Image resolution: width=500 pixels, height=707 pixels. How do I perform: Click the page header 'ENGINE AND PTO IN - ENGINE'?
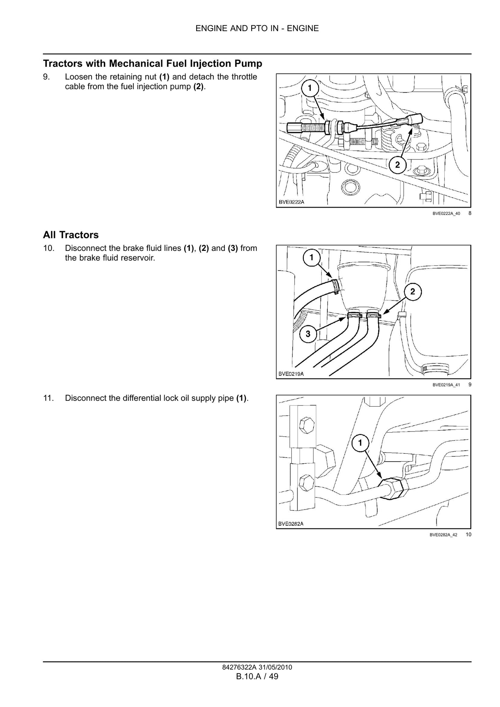click(x=257, y=28)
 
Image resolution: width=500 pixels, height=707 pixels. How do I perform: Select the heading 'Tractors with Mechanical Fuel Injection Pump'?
click(x=153, y=64)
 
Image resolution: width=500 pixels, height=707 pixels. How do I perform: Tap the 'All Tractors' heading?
click(x=71, y=235)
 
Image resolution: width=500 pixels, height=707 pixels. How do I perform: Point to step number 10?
click(x=48, y=248)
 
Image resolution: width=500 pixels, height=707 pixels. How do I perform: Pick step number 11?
click(x=48, y=398)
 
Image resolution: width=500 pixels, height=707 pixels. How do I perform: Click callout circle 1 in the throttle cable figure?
click(x=310, y=89)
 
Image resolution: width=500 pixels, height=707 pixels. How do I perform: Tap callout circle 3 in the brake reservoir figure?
click(x=308, y=334)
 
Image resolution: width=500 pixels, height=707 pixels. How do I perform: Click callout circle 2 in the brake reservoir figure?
click(x=413, y=291)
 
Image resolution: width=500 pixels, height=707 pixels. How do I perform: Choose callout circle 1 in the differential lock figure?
click(x=360, y=443)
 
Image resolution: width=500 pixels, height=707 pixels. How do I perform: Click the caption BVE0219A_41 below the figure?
click(x=446, y=384)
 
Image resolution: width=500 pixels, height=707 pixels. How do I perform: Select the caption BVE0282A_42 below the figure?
click(x=444, y=535)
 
